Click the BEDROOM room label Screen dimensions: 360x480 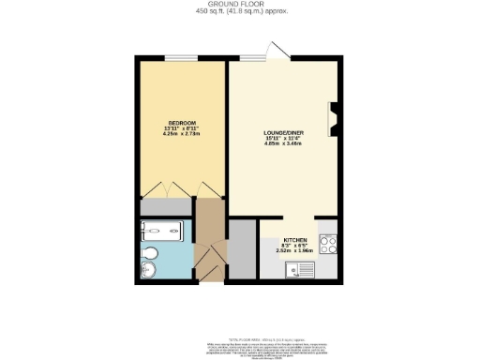click(x=181, y=124)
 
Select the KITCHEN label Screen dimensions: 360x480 click(x=293, y=241)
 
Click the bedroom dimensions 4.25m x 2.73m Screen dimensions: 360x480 click(x=181, y=135)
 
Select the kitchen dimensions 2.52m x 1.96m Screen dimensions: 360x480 click(x=293, y=251)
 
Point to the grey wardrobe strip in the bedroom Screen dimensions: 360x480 click(x=166, y=207)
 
